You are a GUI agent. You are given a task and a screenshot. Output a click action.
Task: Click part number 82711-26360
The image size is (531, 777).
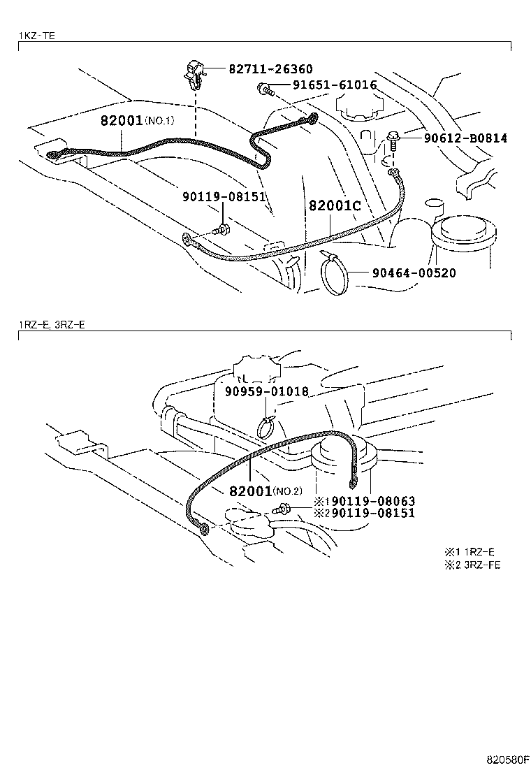270,70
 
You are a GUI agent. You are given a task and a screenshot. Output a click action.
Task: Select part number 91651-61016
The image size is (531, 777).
326,86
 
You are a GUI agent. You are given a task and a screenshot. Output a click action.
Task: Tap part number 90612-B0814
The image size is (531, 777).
465,138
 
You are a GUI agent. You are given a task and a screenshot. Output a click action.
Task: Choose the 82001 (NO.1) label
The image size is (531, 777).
136,120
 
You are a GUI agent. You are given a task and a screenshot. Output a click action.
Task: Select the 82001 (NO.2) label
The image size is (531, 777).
265,491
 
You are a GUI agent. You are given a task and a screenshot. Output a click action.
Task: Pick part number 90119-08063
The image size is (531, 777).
373,502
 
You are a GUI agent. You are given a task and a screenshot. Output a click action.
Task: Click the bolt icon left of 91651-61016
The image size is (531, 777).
264,88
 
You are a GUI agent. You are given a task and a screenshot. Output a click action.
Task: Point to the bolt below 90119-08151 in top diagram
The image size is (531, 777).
221,228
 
